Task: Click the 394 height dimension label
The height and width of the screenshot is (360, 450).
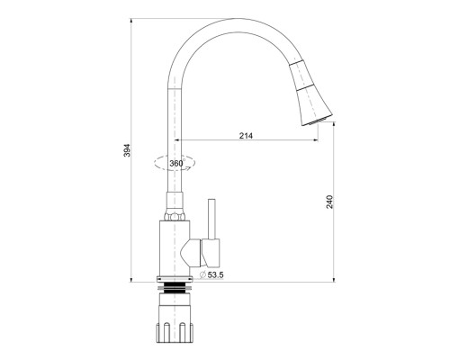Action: (127, 150)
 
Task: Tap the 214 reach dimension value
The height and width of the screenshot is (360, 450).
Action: (246, 136)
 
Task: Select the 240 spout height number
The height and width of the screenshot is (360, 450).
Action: (329, 202)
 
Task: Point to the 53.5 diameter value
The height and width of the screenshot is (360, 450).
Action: (216, 274)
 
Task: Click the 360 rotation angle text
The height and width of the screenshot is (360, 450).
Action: (176, 164)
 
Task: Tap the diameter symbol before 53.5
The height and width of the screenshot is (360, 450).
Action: (202, 274)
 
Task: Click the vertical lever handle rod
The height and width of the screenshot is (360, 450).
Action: (211, 219)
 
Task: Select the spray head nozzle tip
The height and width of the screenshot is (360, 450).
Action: (317, 121)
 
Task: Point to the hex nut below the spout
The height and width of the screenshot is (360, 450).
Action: (175, 217)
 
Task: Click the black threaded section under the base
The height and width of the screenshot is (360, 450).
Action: (175, 288)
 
